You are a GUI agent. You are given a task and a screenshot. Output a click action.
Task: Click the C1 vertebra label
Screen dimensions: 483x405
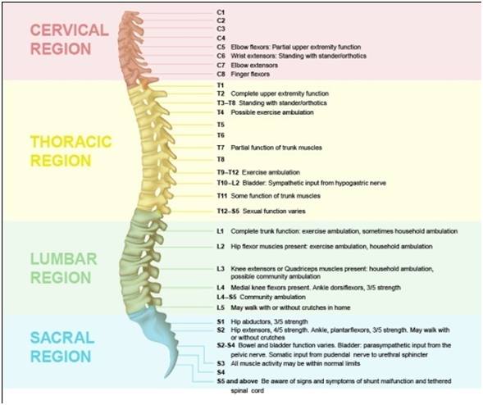tap(221, 12)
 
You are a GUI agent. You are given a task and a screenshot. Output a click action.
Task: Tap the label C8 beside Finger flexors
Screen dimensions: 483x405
tap(221, 75)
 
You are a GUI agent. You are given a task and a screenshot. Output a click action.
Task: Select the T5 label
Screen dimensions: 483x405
tap(221, 125)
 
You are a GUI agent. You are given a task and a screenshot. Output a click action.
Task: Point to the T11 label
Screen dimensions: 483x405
tap(221, 196)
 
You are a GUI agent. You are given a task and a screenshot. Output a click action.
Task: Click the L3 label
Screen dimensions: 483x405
tap(221, 269)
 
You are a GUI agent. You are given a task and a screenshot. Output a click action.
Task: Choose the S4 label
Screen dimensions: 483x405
tap(221, 372)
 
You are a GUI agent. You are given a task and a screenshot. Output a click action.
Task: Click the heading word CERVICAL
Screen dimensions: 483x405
tap(70, 30)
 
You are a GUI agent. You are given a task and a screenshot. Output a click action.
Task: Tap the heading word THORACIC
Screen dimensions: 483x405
tap(71, 142)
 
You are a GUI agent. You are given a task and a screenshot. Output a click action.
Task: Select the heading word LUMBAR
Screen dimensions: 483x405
tap(64, 259)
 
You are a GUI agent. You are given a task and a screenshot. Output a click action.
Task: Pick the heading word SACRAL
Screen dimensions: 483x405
tap(62, 338)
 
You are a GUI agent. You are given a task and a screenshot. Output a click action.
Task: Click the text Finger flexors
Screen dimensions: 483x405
tap(250, 75)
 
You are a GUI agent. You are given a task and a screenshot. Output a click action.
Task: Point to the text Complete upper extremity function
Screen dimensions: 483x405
tap(280, 93)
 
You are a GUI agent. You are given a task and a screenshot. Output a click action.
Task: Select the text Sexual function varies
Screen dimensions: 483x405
tap(274, 212)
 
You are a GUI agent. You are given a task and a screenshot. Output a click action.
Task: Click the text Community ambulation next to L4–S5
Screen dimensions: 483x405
tap(272, 298)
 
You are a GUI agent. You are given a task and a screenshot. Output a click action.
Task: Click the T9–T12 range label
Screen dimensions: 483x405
tap(228, 172)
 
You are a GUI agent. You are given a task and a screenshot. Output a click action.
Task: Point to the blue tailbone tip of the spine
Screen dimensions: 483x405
tap(166, 376)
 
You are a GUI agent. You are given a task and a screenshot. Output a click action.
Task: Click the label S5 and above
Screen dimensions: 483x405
tap(237, 381)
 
